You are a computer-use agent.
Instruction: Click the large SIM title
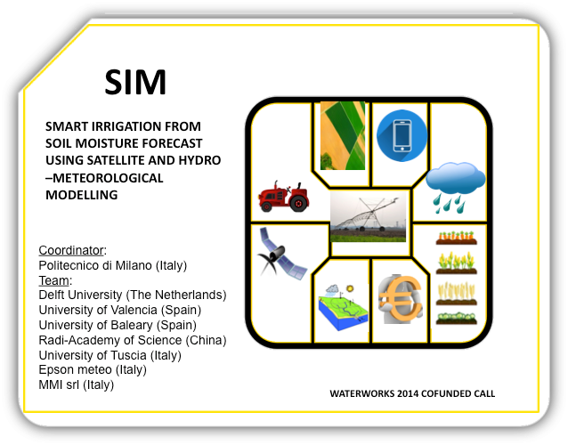coord(135,82)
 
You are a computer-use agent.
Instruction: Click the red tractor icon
coord(284,197)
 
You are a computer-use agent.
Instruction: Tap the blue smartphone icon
coord(402,135)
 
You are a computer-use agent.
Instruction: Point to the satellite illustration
coord(282,254)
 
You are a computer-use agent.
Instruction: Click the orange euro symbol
coord(401,299)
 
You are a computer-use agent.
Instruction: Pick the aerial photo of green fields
coord(343,136)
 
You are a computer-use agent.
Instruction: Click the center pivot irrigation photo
coord(368,216)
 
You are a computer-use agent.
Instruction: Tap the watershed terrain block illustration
coord(343,307)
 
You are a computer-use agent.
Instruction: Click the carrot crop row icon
coord(456,238)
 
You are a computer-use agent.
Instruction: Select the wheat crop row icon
coord(456,294)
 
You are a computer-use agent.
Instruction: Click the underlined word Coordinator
coord(71,250)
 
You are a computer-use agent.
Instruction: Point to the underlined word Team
coord(54,280)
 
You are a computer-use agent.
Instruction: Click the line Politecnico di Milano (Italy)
coord(113,265)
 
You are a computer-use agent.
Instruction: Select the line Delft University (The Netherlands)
coord(133,295)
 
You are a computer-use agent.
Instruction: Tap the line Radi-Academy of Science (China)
coord(133,340)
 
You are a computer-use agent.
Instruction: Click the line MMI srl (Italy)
coord(76,384)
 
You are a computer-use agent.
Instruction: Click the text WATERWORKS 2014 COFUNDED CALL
coord(412,393)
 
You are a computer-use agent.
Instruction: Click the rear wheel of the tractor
coord(299,204)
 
